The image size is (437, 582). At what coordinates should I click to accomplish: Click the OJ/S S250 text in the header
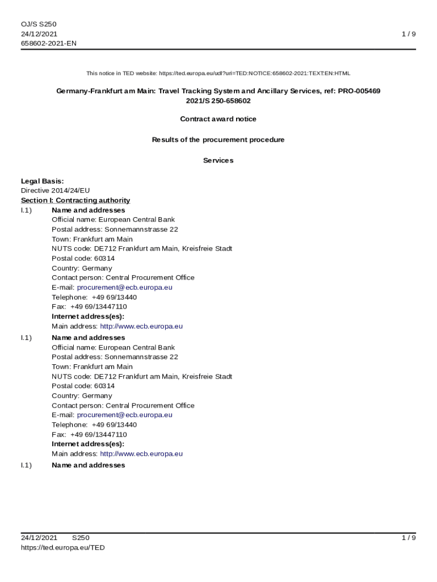coord(39,24)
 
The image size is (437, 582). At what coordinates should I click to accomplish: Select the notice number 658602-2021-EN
coord(49,43)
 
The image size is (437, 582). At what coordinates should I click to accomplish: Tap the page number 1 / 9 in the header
coord(409,34)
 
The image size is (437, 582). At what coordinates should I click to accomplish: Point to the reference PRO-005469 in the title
coord(359,91)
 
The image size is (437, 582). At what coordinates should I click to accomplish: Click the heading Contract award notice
coord(218,119)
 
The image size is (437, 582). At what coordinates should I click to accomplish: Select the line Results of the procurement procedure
coord(218,140)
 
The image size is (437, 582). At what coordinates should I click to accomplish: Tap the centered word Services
coord(218,161)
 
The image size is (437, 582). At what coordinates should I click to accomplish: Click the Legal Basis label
coord(43,181)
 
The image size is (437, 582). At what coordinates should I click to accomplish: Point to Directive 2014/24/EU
coord(55,191)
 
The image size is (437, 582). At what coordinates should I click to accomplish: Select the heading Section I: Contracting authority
coord(75,201)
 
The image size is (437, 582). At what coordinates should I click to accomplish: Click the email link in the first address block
coord(124,288)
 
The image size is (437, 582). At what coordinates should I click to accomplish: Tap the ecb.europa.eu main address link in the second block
coord(141,454)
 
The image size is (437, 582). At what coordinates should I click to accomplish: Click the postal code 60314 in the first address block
coord(104,259)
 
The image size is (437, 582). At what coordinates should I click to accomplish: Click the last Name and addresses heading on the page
coord(88,465)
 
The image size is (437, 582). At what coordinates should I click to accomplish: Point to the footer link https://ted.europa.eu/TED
coord(63,548)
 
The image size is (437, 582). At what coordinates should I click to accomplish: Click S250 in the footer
coord(81,538)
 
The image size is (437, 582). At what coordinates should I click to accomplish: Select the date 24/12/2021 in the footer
coord(39,538)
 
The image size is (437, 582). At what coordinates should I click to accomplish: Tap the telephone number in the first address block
coord(114,297)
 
